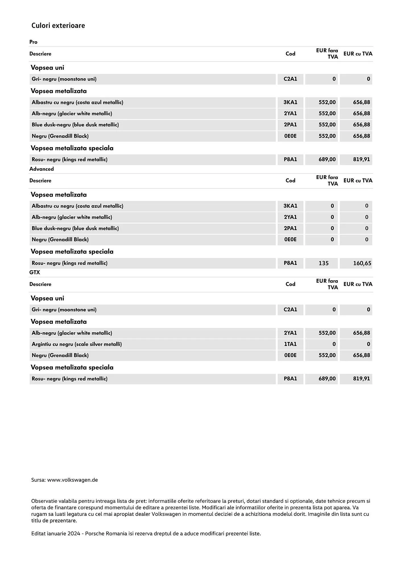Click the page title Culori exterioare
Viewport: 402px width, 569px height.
click(58, 26)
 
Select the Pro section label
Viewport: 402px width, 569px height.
click(33, 42)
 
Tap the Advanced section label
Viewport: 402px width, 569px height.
click(42, 169)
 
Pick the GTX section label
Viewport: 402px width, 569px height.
click(35, 272)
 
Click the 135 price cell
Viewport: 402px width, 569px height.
click(324, 263)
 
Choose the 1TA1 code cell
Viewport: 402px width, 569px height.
click(290, 344)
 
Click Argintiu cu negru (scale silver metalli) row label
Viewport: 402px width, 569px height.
click(77, 344)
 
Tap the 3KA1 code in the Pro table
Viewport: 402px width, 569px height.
click(290, 102)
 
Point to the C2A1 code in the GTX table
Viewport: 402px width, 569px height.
click(290, 310)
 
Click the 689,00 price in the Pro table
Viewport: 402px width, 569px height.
click(327, 160)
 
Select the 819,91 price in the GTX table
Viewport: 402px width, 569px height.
click(361, 379)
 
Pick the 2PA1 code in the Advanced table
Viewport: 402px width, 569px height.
click(290, 228)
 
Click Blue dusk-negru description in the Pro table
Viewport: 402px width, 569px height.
click(75, 125)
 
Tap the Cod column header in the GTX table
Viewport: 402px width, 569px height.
click(290, 284)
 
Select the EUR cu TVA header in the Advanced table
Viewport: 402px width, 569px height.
click(358, 181)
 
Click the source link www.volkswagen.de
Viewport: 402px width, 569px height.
click(72, 480)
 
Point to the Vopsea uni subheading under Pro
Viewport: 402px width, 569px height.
click(47, 68)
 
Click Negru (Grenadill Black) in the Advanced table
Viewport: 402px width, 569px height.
click(60, 240)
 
